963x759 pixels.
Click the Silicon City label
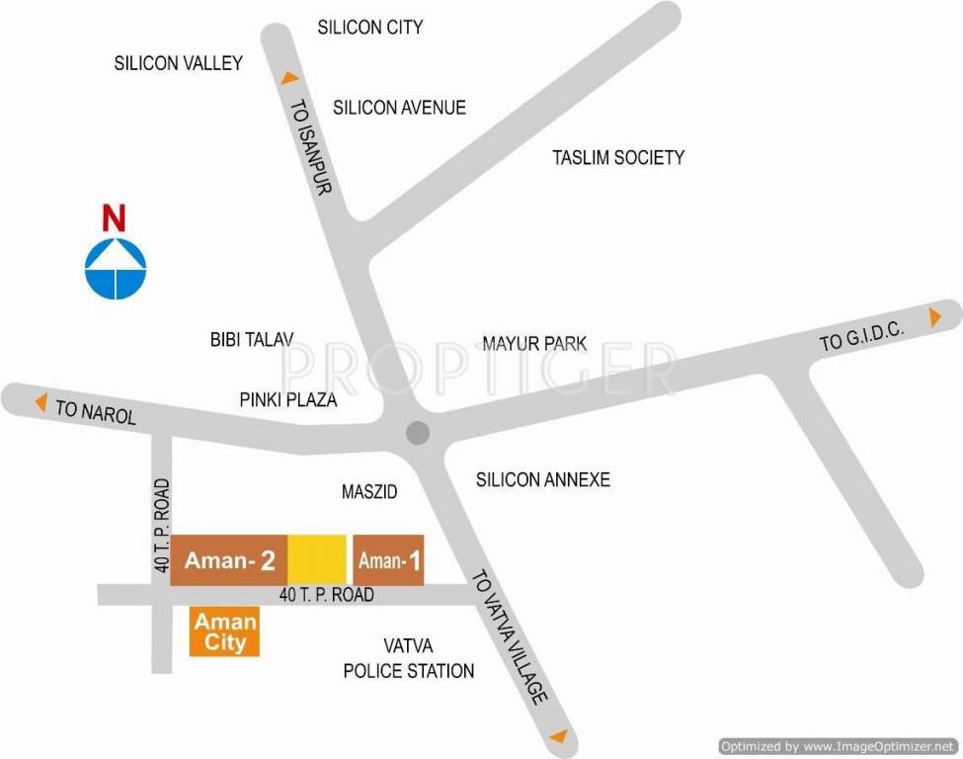tap(369, 28)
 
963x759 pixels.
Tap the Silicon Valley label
tap(178, 63)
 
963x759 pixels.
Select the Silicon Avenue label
tap(399, 108)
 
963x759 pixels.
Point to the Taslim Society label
tap(618, 157)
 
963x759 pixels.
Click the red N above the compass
tap(116, 217)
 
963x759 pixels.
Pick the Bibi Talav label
tap(252, 339)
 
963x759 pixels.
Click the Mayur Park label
tap(534, 344)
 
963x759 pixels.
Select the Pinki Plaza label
tap(288, 400)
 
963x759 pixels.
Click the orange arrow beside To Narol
tap(41, 402)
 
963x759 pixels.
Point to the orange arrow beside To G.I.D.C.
tap(933, 317)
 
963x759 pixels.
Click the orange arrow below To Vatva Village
tap(558, 736)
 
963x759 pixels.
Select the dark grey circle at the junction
tap(418, 433)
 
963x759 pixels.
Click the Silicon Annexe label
tap(543, 480)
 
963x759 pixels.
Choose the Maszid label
tap(368, 491)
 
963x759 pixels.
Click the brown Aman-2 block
tap(229, 560)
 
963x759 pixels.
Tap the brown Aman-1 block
tap(388, 560)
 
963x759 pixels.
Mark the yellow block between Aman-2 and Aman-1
tap(317, 560)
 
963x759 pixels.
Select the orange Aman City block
tap(225, 632)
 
